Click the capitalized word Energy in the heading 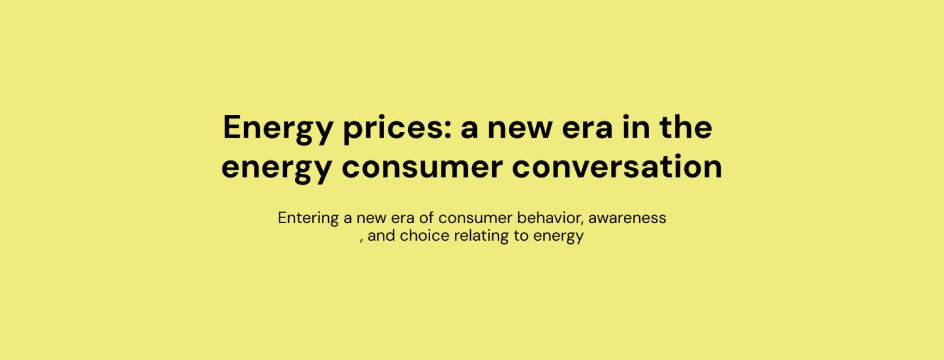pos(278,129)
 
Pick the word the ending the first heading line pos(686,127)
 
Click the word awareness pos(627,219)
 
